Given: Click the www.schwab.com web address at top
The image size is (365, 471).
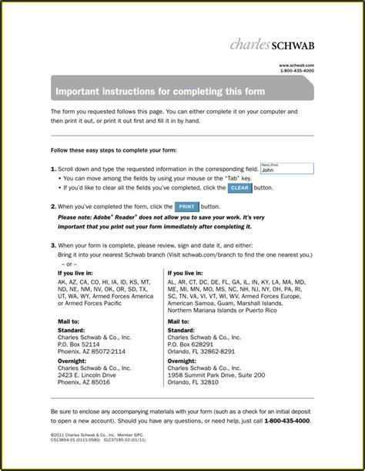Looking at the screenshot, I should click(296, 66).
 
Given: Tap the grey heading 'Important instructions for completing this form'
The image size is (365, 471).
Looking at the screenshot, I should click(159, 91).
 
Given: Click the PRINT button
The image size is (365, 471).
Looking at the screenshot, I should click(186, 207).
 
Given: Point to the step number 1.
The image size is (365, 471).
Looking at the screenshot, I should click(53, 168).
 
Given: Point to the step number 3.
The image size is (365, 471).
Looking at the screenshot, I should click(53, 244).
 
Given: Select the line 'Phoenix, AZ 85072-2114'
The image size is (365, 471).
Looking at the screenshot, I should click(92, 352).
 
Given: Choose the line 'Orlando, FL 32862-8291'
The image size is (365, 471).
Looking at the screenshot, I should click(202, 352).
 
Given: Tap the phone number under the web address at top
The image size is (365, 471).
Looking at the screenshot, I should click(296, 71).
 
